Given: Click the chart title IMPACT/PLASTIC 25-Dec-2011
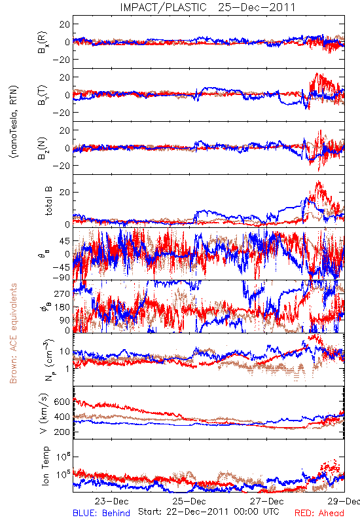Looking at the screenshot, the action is pyautogui.click(x=207, y=7).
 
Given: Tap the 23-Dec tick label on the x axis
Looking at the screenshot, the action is pyautogui.click(x=111, y=501).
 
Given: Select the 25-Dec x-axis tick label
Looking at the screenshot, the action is pyautogui.click(x=189, y=501).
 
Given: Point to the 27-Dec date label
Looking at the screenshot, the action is pyautogui.click(x=267, y=501).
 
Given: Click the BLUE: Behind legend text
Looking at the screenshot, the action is pyautogui.click(x=101, y=513).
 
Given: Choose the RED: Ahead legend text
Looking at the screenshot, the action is pyautogui.click(x=319, y=513).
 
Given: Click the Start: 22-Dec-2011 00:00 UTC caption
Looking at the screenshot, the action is pyautogui.click(x=209, y=512).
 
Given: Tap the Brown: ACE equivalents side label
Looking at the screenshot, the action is pyautogui.click(x=13, y=333).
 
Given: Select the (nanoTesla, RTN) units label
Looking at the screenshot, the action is pyautogui.click(x=14, y=122).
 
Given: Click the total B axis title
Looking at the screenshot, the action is pyautogui.click(x=48, y=201).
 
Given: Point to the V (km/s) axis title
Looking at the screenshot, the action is pyautogui.click(x=44, y=413).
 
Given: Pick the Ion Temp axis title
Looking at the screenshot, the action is pyautogui.click(x=45, y=466).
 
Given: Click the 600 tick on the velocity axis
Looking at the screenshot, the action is pyautogui.click(x=62, y=402).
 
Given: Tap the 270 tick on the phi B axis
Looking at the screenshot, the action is pyautogui.click(x=62, y=293).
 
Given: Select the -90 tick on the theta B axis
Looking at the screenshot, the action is pyautogui.click(x=61, y=277).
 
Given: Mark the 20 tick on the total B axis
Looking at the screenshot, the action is pyautogui.click(x=64, y=193).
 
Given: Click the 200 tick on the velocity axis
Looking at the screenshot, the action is pyautogui.click(x=62, y=432).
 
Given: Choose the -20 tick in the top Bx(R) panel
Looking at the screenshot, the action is pyautogui.click(x=61, y=60).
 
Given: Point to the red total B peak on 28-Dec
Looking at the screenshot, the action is pyautogui.click(x=318, y=183).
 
